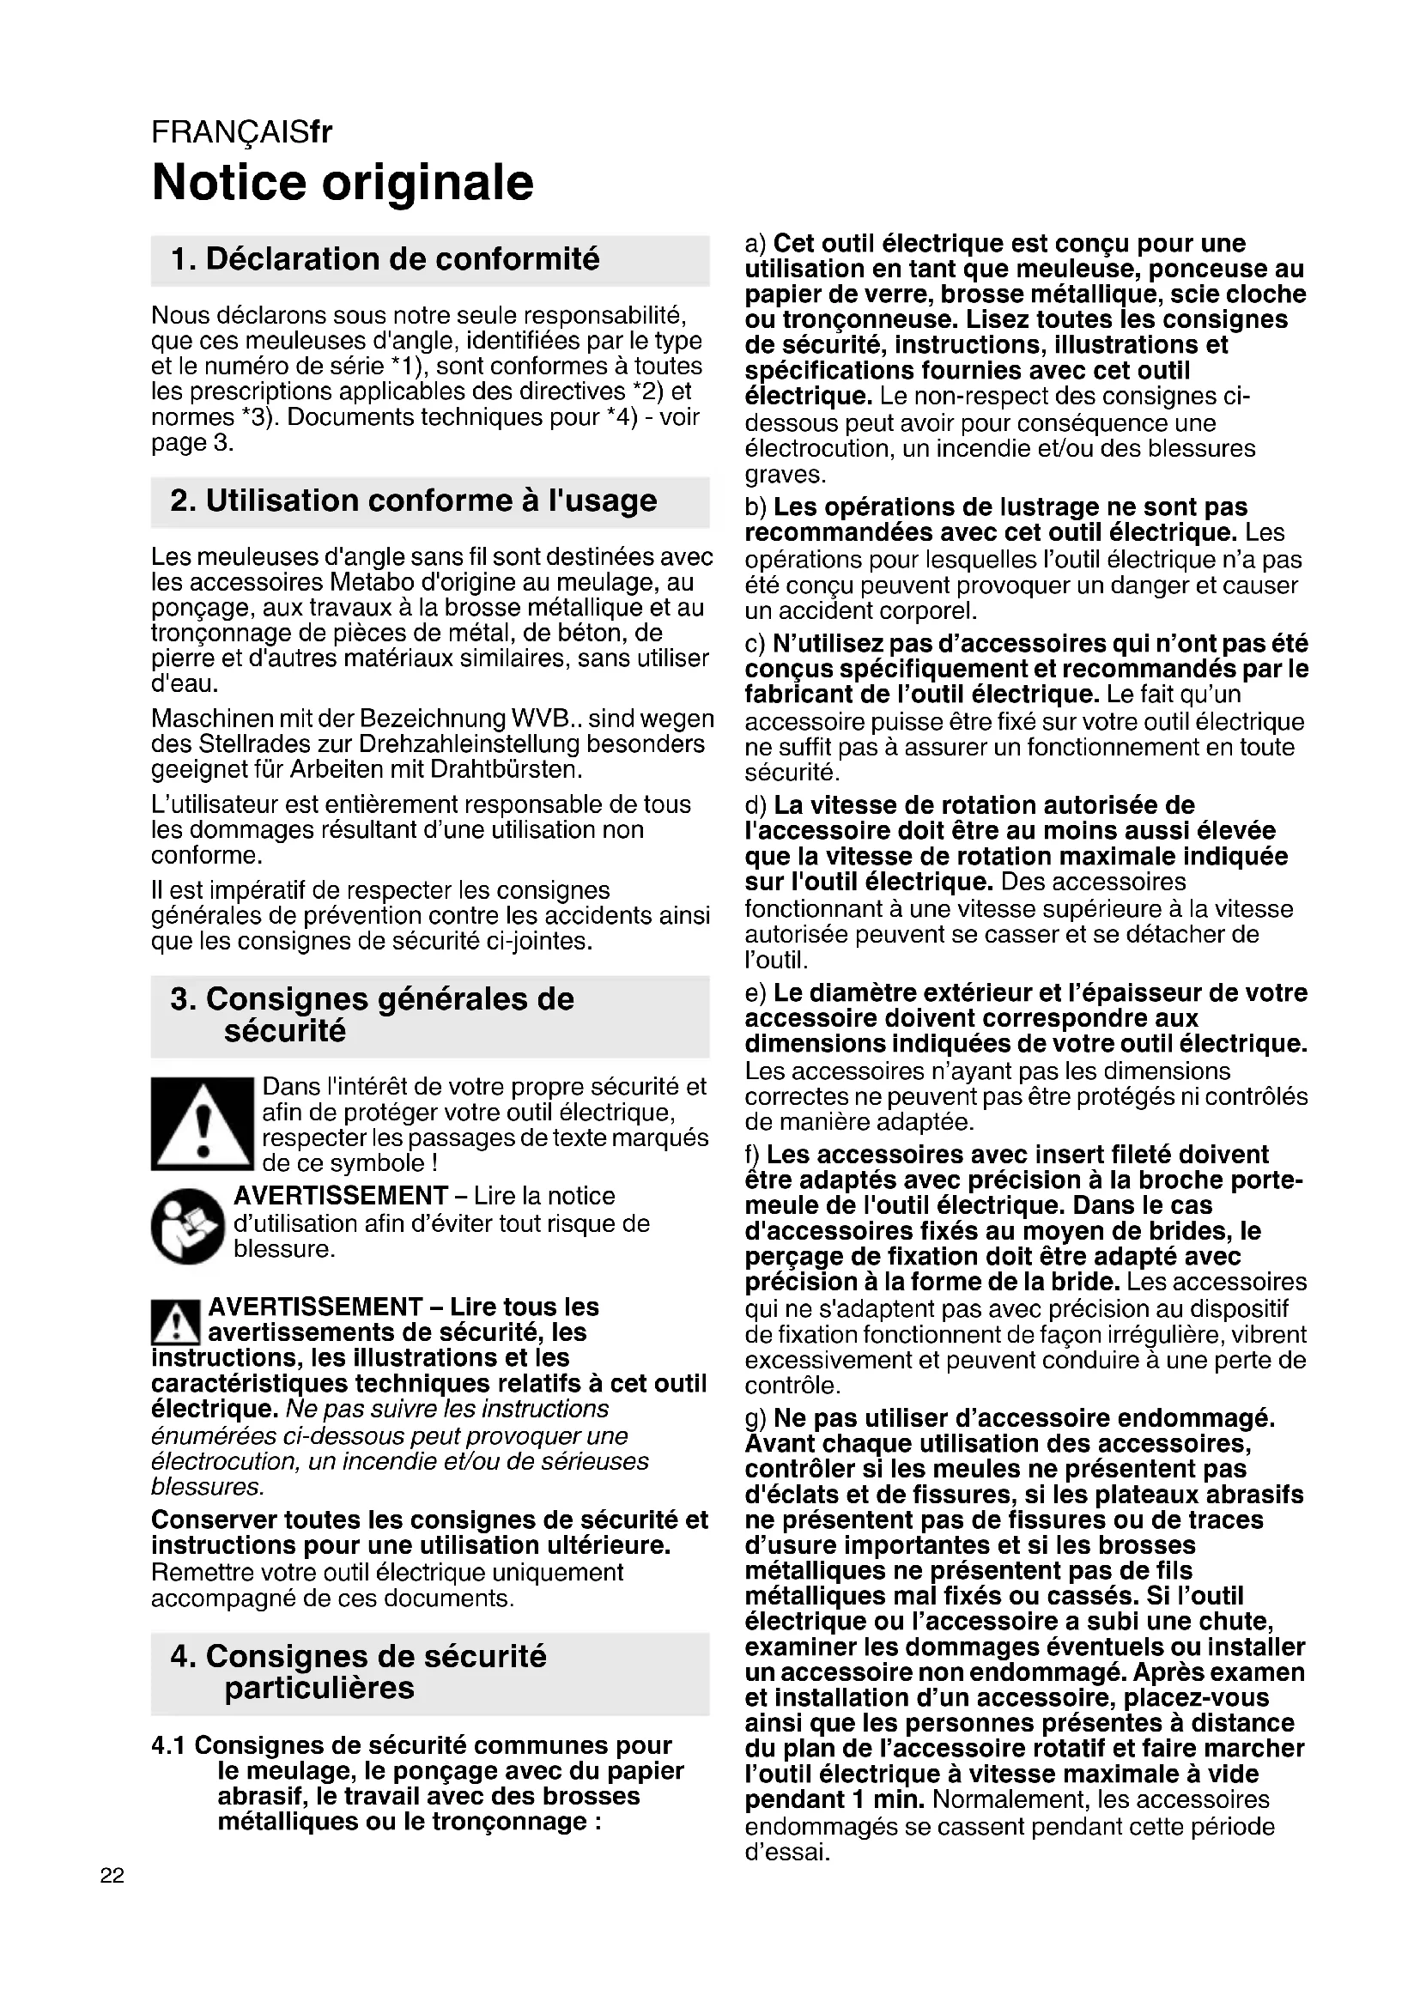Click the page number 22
pyautogui.click(x=112, y=1875)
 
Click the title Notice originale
pyautogui.click(x=343, y=183)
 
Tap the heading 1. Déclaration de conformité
pyautogui.click(x=385, y=260)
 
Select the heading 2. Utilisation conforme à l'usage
pyautogui.click(x=414, y=501)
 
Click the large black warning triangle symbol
pyautogui.click(x=202, y=1125)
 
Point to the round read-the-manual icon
pyautogui.click(x=188, y=1225)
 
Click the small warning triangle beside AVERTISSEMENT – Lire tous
pyautogui.click(x=176, y=1321)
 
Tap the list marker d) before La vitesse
pyautogui.click(x=756, y=805)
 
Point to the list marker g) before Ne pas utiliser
pyautogui.click(x=756, y=1418)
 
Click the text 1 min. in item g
pyautogui.click(x=887, y=1800)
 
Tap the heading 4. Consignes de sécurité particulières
pyautogui.click(x=359, y=1672)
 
